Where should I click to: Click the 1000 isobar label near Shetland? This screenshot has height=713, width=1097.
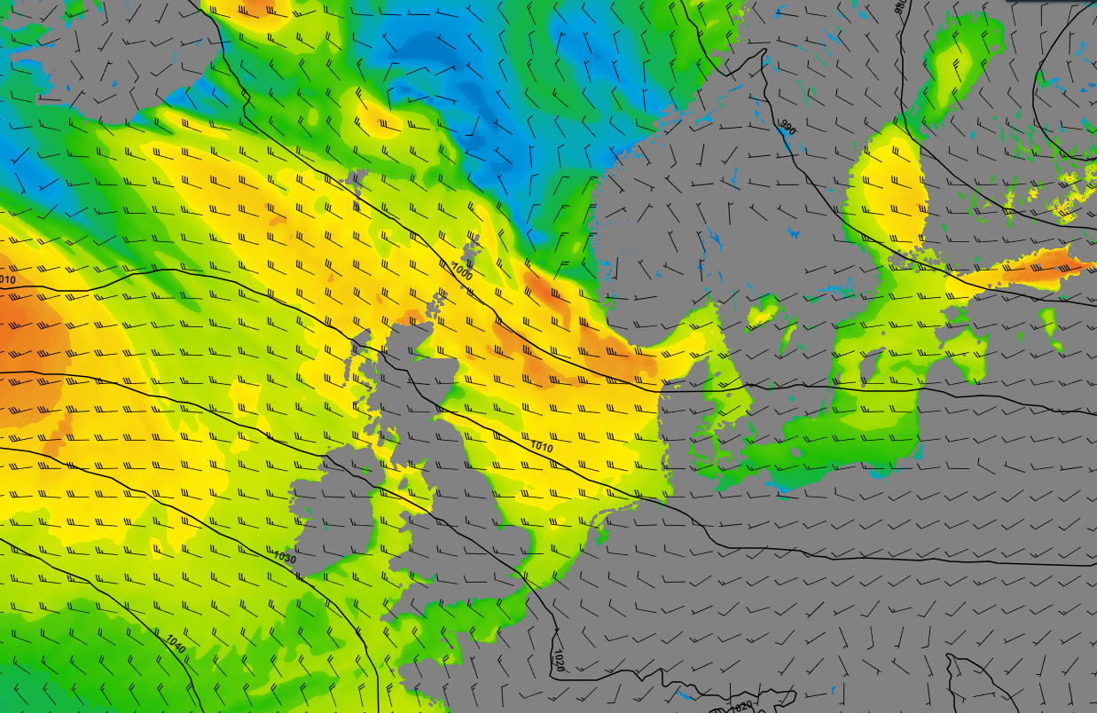[462, 271]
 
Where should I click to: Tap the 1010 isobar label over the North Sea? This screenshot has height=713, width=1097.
[540, 448]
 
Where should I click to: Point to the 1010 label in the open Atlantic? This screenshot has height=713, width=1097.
[7, 280]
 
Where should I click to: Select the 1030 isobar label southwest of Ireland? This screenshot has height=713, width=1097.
[285, 558]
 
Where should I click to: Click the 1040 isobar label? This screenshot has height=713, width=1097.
[176, 644]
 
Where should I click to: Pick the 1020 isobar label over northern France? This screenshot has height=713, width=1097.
[559, 661]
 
